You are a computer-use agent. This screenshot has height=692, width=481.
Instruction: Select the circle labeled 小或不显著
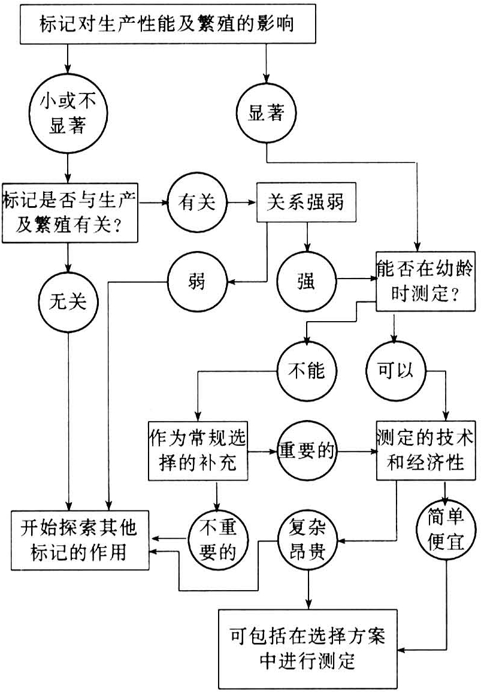68,114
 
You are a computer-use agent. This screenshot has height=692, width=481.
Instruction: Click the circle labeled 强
306,280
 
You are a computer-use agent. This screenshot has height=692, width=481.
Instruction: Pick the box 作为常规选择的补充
197,451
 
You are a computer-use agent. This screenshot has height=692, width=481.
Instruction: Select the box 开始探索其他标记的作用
81,540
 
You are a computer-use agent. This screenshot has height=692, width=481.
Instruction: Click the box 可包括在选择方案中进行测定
307,648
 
